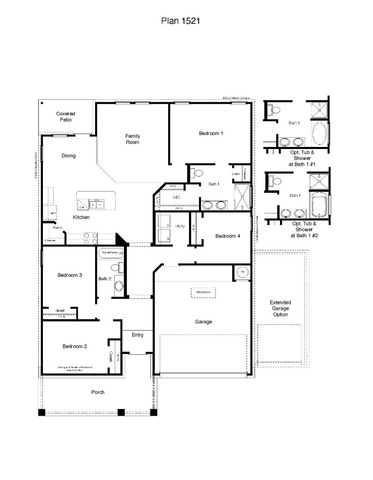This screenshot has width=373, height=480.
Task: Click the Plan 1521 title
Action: pos(187,19)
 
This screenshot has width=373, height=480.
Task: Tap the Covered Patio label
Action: pos(66,117)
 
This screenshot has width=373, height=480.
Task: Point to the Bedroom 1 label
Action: pos(210,134)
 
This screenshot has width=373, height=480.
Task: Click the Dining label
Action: pos(68,156)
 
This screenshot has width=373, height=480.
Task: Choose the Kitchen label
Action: pos(82,216)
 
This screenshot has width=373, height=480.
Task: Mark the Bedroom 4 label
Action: pos(227,236)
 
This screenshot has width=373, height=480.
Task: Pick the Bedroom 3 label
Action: pos(68,274)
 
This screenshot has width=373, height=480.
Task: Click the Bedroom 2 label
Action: pos(74,346)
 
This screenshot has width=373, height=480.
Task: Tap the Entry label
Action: pos(138,335)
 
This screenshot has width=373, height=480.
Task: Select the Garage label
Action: pos(203,322)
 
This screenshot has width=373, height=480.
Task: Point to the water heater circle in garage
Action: pos(241,271)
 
